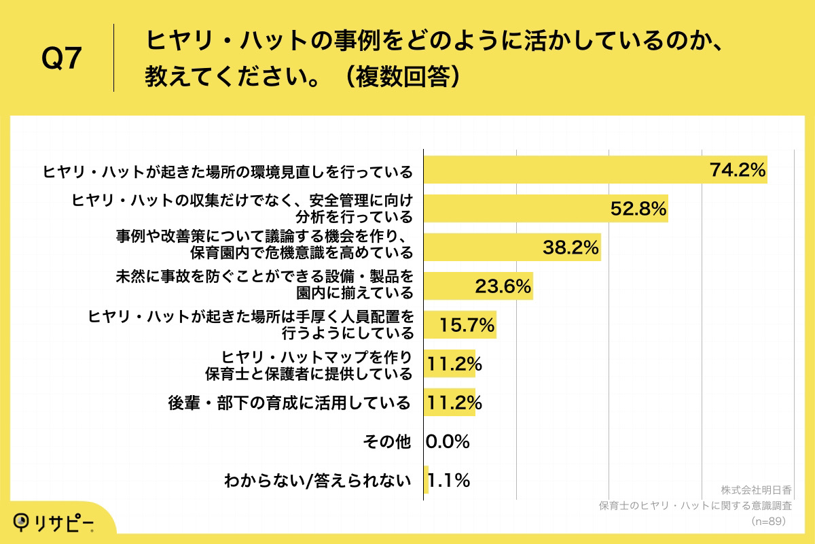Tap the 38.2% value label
coord(570,248)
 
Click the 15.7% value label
coord(467,326)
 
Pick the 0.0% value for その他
coord(448,442)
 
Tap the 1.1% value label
coord(448,481)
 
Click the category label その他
coord(387,442)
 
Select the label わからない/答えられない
coord(318,481)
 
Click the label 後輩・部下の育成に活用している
coord(289,403)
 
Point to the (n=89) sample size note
coord(768,521)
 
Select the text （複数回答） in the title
coord(401,77)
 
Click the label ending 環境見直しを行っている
coord(228,170)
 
